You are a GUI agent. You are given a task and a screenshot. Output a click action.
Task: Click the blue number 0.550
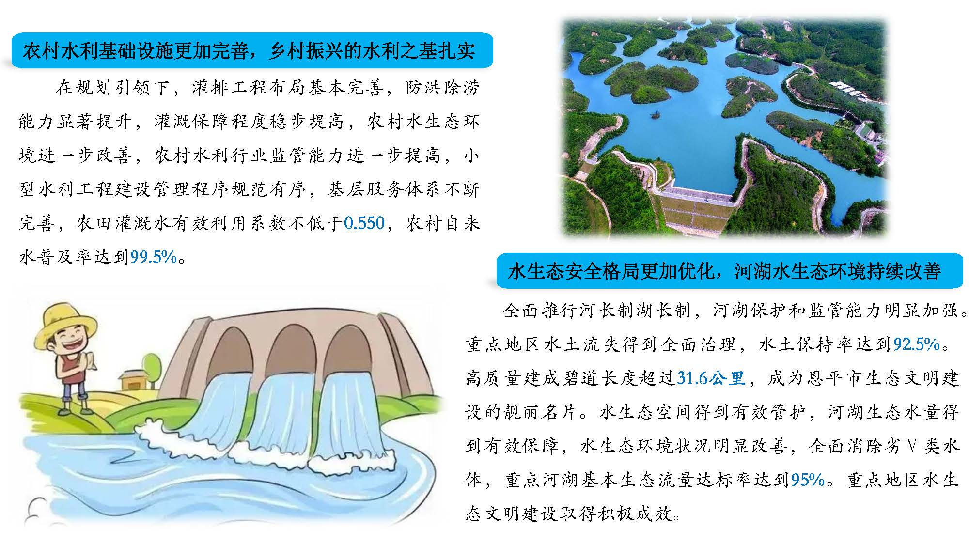pos(364,223)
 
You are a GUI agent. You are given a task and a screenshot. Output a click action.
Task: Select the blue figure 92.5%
pos(917,344)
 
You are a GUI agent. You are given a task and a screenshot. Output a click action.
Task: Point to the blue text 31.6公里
pos(711,377)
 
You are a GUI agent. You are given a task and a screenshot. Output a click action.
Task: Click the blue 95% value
pos(807,480)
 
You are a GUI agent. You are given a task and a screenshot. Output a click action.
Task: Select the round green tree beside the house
pos(151,363)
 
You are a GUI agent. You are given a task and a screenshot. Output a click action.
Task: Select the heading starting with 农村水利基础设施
pos(249,50)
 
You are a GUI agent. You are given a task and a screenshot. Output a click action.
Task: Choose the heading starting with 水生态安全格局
pos(725,271)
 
